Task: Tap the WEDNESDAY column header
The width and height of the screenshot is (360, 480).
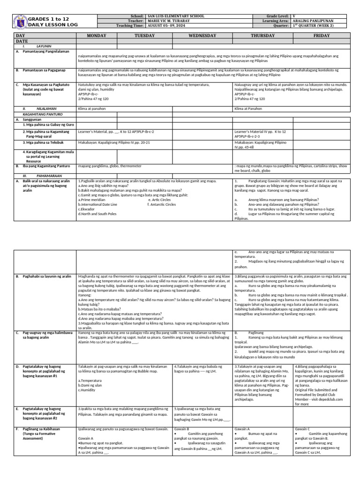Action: point(202,36)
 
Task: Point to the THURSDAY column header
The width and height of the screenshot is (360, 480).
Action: point(263,36)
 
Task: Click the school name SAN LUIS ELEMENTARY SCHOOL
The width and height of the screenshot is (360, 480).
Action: point(175,16)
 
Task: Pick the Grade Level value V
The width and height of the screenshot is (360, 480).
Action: point(294,16)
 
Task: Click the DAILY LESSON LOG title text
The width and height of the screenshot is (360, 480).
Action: point(49,24)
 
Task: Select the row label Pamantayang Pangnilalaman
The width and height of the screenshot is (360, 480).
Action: point(44,52)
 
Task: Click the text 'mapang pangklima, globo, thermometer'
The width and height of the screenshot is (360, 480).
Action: point(108,166)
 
